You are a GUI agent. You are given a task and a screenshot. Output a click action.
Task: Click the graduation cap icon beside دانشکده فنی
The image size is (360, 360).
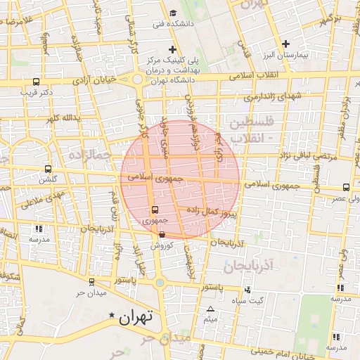click(x=174, y=13)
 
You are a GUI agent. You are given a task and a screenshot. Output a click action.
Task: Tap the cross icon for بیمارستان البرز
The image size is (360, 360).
click(x=305, y=44)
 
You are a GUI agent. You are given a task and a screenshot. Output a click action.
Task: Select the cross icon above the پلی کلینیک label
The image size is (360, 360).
click(x=172, y=49)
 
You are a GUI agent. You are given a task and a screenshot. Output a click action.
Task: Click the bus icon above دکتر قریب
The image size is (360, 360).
click(x=36, y=82)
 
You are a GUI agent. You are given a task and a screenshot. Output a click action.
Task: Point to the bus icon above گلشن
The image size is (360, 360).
click(x=48, y=169)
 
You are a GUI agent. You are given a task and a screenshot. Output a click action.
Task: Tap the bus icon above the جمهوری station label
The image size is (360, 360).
click(x=155, y=210)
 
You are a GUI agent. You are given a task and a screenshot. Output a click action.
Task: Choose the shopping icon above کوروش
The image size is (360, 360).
click(x=162, y=235)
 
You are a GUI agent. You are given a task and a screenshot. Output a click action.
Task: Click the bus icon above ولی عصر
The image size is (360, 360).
click(x=346, y=188)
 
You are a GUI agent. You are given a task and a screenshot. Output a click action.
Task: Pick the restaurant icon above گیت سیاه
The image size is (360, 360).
click(x=247, y=290)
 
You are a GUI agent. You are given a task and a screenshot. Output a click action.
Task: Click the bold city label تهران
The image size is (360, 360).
click(x=135, y=317)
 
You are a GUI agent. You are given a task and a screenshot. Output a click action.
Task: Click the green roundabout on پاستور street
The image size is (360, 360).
click(x=160, y=283)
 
